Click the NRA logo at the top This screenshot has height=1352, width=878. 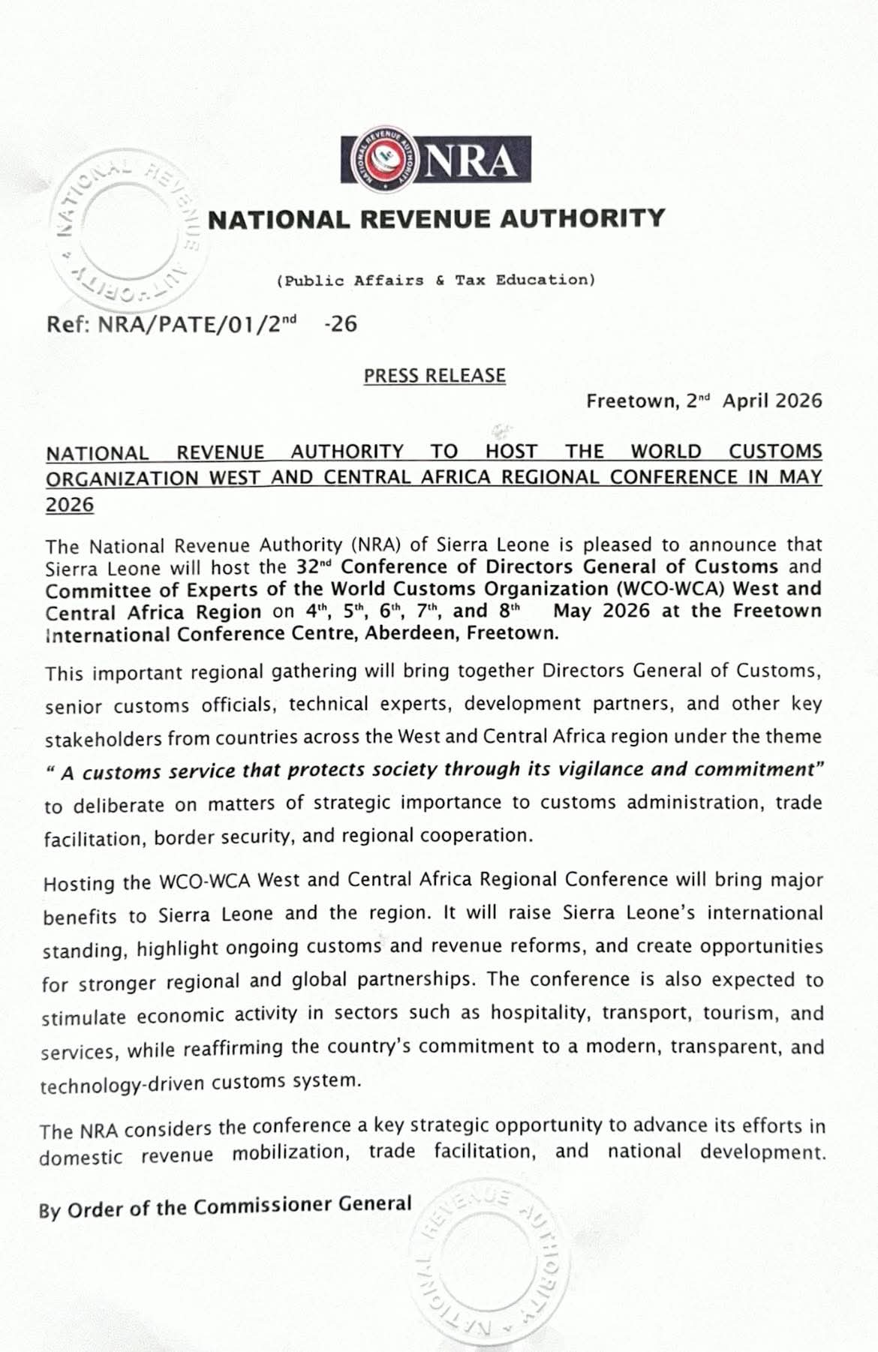pyautogui.click(x=435, y=159)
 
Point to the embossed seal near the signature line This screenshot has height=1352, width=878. pyautogui.click(x=489, y=1261)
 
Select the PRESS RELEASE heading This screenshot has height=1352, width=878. pyautogui.click(x=434, y=375)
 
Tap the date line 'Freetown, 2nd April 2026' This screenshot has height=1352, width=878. pyautogui.click(x=704, y=401)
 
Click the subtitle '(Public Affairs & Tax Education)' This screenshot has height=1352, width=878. pyautogui.click(x=436, y=281)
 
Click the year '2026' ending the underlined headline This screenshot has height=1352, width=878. pyautogui.click(x=70, y=505)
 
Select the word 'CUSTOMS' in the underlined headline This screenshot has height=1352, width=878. pyautogui.click(x=775, y=452)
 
